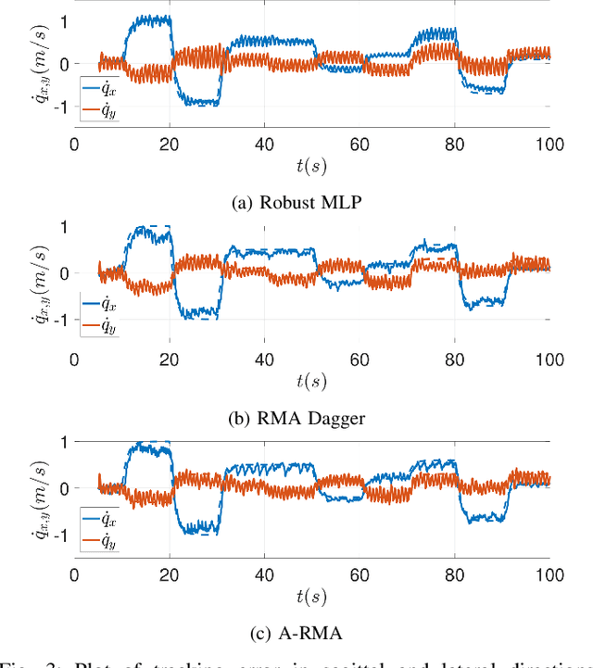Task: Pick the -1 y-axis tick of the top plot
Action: pos(61,107)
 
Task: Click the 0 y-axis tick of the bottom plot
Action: pos(63,487)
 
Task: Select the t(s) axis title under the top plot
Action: pos(311,169)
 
